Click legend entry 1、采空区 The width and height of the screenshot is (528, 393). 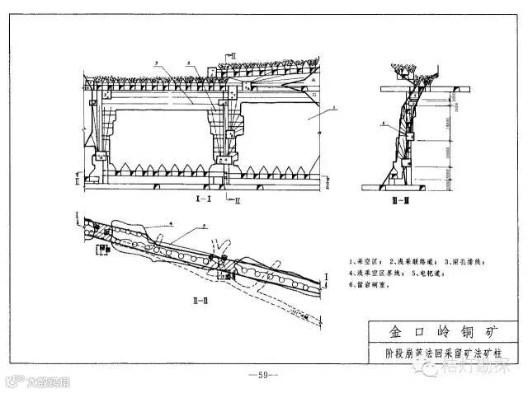click(369, 260)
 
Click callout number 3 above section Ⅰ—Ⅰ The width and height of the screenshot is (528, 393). click(155, 63)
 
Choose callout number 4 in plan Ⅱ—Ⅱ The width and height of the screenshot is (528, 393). click(170, 222)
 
